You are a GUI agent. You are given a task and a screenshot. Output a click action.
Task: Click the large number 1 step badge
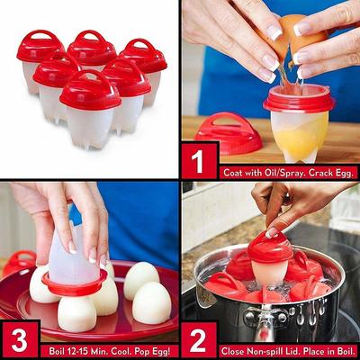coord(199,161)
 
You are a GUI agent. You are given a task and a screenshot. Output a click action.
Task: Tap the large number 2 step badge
coord(199,340)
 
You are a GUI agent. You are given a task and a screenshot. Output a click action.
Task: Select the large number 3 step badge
coord(20,340)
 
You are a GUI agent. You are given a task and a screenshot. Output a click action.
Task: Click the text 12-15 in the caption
coord(76,351)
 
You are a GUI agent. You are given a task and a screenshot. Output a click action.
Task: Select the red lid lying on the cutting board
coord(228,133)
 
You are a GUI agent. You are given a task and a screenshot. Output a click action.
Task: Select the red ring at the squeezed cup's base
coord(74,283)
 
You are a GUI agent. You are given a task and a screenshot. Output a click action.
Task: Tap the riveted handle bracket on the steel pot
coord(265,318)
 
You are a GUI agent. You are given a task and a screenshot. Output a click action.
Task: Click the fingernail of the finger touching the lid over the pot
coord(272,233)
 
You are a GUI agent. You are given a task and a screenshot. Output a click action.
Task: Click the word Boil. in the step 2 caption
coord(346,351)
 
